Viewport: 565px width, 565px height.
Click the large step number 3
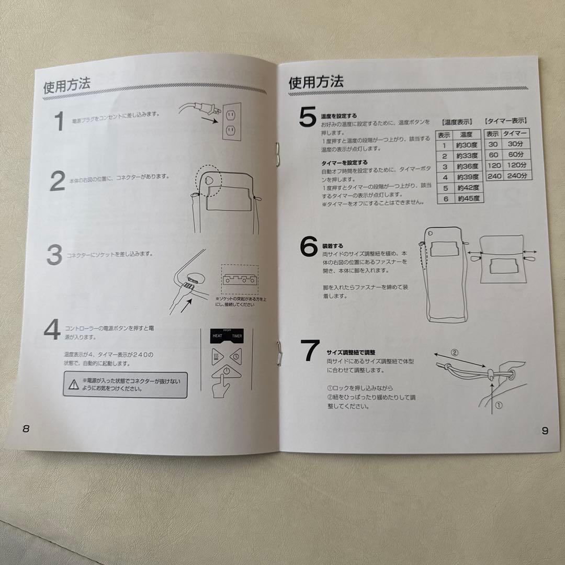tap(54, 255)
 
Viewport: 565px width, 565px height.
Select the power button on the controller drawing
tap(225, 375)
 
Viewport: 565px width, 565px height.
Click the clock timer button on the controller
tap(235, 357)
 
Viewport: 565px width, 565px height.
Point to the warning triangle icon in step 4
tap(72, 386)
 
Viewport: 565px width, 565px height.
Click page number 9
tap(545, 431)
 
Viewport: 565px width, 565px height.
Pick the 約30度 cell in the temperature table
tap(466, 145)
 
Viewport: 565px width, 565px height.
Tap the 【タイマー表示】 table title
tap(505, 121)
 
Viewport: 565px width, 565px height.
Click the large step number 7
tap(309, 351)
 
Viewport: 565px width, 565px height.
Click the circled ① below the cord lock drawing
tap(498, 405)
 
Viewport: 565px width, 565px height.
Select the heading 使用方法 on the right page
tap(317, 82)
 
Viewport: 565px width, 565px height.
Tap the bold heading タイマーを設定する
tap(344, 163)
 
